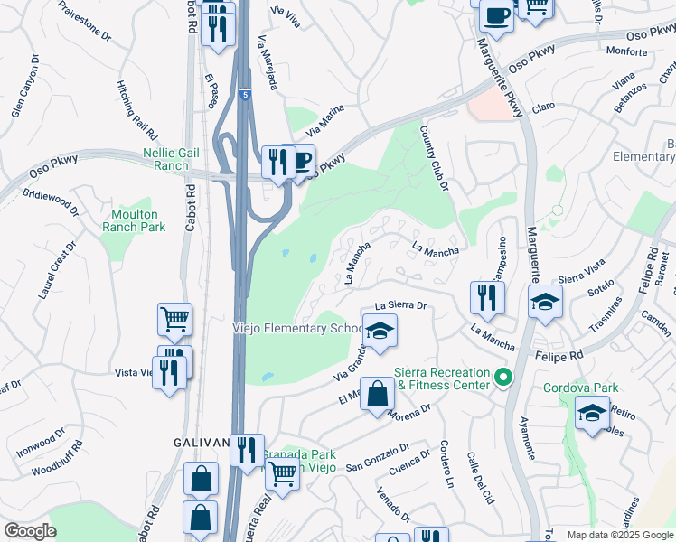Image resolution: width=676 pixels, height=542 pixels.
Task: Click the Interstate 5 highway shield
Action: [x=245, y=94]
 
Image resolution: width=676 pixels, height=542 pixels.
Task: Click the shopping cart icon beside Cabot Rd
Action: [x=174, y=318]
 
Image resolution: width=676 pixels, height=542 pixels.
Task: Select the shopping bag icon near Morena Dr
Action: [x=377, y=395]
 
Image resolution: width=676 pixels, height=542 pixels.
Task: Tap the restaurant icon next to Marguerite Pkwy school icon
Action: [x=487, y=297]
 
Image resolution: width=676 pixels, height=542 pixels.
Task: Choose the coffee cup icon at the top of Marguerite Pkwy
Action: [x=495, y=15]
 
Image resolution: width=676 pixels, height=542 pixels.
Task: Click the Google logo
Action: [x=30, y=531]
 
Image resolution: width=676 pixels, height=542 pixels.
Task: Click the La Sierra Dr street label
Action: [x=399, y=306]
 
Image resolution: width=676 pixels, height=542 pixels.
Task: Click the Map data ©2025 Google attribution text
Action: [x=619, y=535]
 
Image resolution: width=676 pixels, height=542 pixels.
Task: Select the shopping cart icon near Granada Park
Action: [x=283, y=472]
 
